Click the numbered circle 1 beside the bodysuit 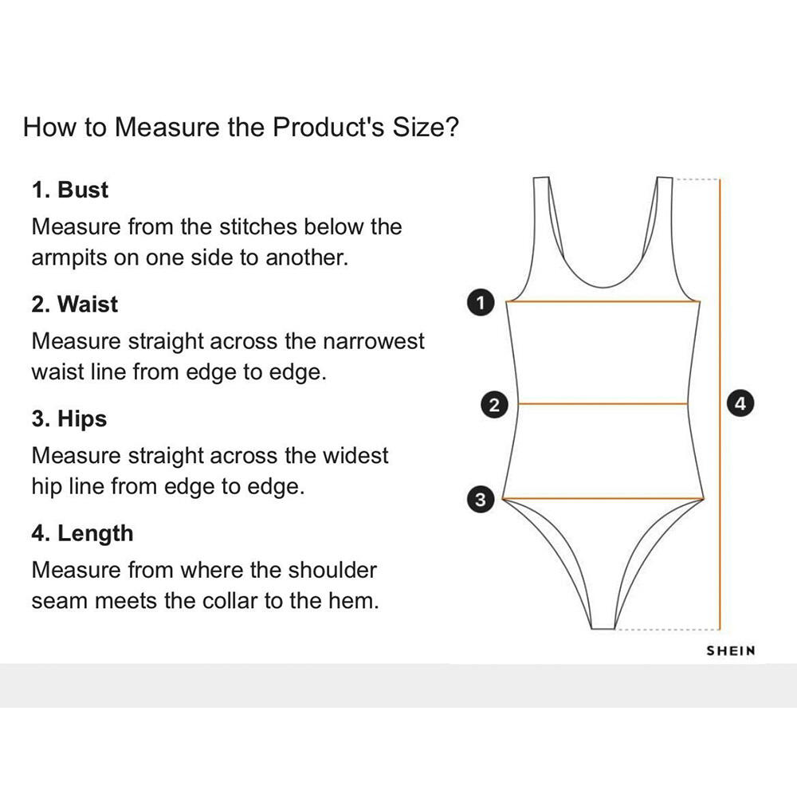point(479,302)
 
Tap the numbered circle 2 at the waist point(495,404)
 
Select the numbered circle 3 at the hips point(480,500)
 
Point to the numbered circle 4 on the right point(741,403)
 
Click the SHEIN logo point(731,651)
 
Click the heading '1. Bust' point(70,190)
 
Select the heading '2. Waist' point(75,304)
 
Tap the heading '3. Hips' point(69,419)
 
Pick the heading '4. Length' point(83,533)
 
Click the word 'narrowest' point(373,342)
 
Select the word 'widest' point(355,456)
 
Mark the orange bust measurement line point(604,302)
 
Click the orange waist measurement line point(603,404)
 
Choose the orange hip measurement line point(604,499)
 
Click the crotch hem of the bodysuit point(603,628)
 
